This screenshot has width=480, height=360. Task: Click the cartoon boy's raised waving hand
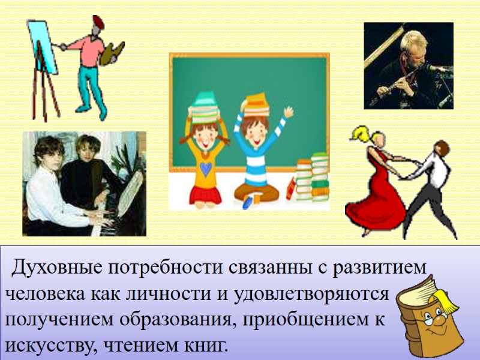point(289,113)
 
